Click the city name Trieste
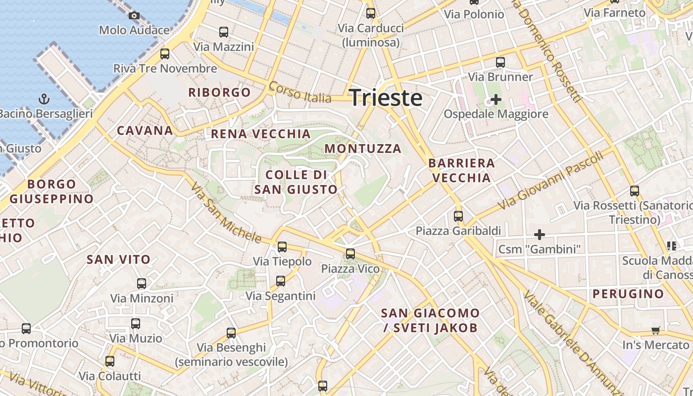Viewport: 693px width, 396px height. pos(386,98)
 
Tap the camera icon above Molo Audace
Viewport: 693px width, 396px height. pos(134,16)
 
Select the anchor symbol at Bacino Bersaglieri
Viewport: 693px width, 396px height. pos(45,99)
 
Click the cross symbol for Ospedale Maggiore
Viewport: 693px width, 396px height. pos(495,99)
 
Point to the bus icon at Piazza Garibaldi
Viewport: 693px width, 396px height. pos(458,216)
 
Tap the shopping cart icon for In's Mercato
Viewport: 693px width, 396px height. pos(655,330)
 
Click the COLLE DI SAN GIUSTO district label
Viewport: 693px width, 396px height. pos(296,182)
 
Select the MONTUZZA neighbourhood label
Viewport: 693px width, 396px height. pos(363,148)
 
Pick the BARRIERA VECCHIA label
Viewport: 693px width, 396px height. pos(461,170)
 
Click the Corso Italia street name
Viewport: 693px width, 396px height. pos(300,93)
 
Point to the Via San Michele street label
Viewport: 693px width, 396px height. pos(226,214)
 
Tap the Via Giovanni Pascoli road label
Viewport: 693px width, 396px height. pos(551,180)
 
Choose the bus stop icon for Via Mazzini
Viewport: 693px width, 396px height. pos(224,32)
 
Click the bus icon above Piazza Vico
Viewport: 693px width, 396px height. pos(350,254)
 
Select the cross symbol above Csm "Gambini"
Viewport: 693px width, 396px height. pos(540,234)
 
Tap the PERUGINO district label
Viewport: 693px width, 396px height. pos(628,294)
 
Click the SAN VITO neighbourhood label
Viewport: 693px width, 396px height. pos(118,259)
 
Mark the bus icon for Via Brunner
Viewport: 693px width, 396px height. pos(500,62)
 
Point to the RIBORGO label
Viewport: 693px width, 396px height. pos(219,92)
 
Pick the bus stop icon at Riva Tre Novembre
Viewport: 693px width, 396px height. pos(165,54)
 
